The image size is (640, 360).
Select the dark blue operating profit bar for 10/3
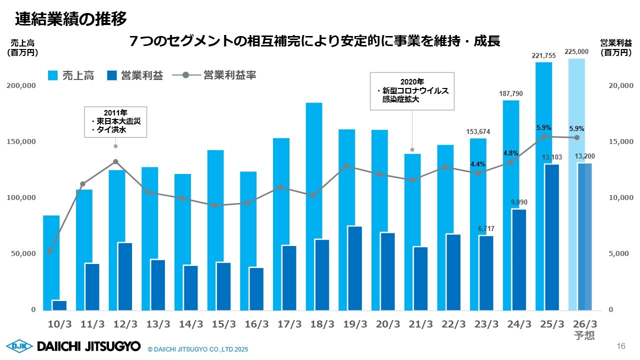[59, 305]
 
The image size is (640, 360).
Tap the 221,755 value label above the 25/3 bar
[543, 56]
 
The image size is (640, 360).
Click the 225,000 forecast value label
[576, 51]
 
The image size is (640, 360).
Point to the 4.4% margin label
[478, 164]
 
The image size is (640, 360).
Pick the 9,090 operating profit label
[518, 202]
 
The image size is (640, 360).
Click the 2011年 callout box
[115, 121]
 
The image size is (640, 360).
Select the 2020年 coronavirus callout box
[412, 91]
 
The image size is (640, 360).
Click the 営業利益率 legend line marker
[186, 75]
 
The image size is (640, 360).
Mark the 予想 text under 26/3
[584, 335]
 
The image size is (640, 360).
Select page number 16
[621, 346]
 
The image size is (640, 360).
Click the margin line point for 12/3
[115, 161]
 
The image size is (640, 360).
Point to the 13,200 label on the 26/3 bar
[584, 157]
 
